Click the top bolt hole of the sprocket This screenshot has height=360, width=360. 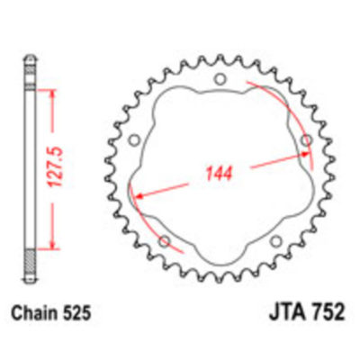pos(217,84)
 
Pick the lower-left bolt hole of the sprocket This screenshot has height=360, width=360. pos(164,242)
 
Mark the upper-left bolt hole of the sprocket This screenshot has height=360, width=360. pos(132,142)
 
